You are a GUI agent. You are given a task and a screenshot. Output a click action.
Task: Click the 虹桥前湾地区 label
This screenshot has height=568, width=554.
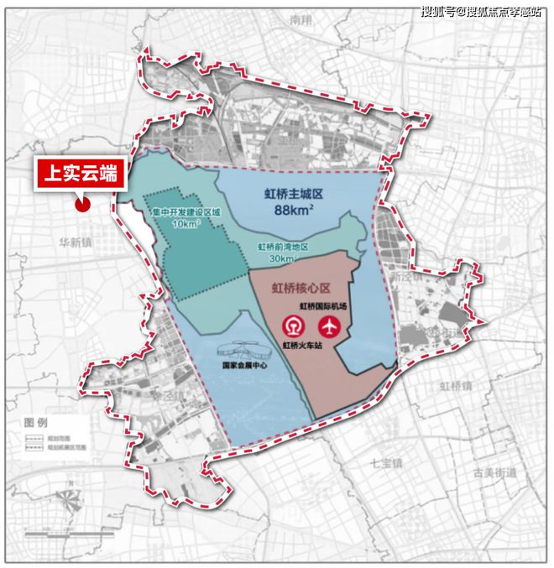[x=283, y=248]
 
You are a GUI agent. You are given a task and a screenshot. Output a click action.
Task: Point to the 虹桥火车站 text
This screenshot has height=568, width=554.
[x=301, y=344]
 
